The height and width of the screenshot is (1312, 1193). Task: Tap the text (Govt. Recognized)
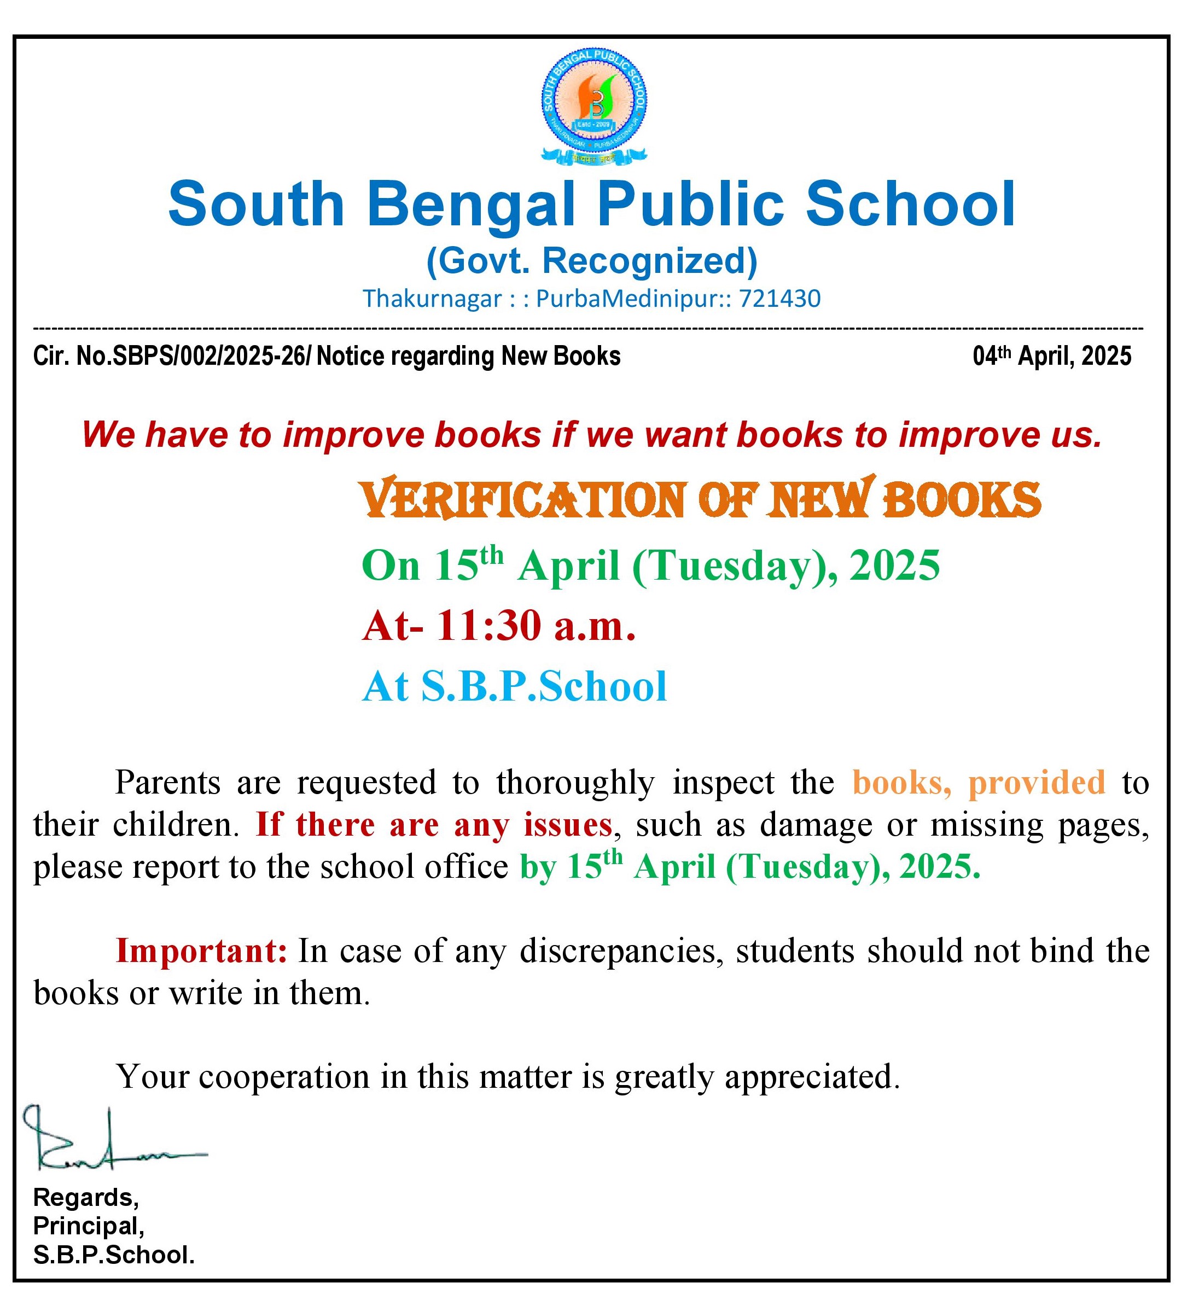[592, 261]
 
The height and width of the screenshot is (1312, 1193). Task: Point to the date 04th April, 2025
[1052, 356]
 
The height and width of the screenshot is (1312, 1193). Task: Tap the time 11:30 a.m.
[535, 626]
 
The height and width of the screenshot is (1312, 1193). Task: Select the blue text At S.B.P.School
[514, 686]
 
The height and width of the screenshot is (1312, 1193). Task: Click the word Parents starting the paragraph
[167, 782]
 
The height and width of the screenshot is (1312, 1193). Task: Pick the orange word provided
[1036, 782]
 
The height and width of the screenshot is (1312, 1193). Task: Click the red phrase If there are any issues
[433, 825]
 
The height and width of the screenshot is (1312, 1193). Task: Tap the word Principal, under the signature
[89, 1226]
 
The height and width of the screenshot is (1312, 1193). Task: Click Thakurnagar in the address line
[432, 299]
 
